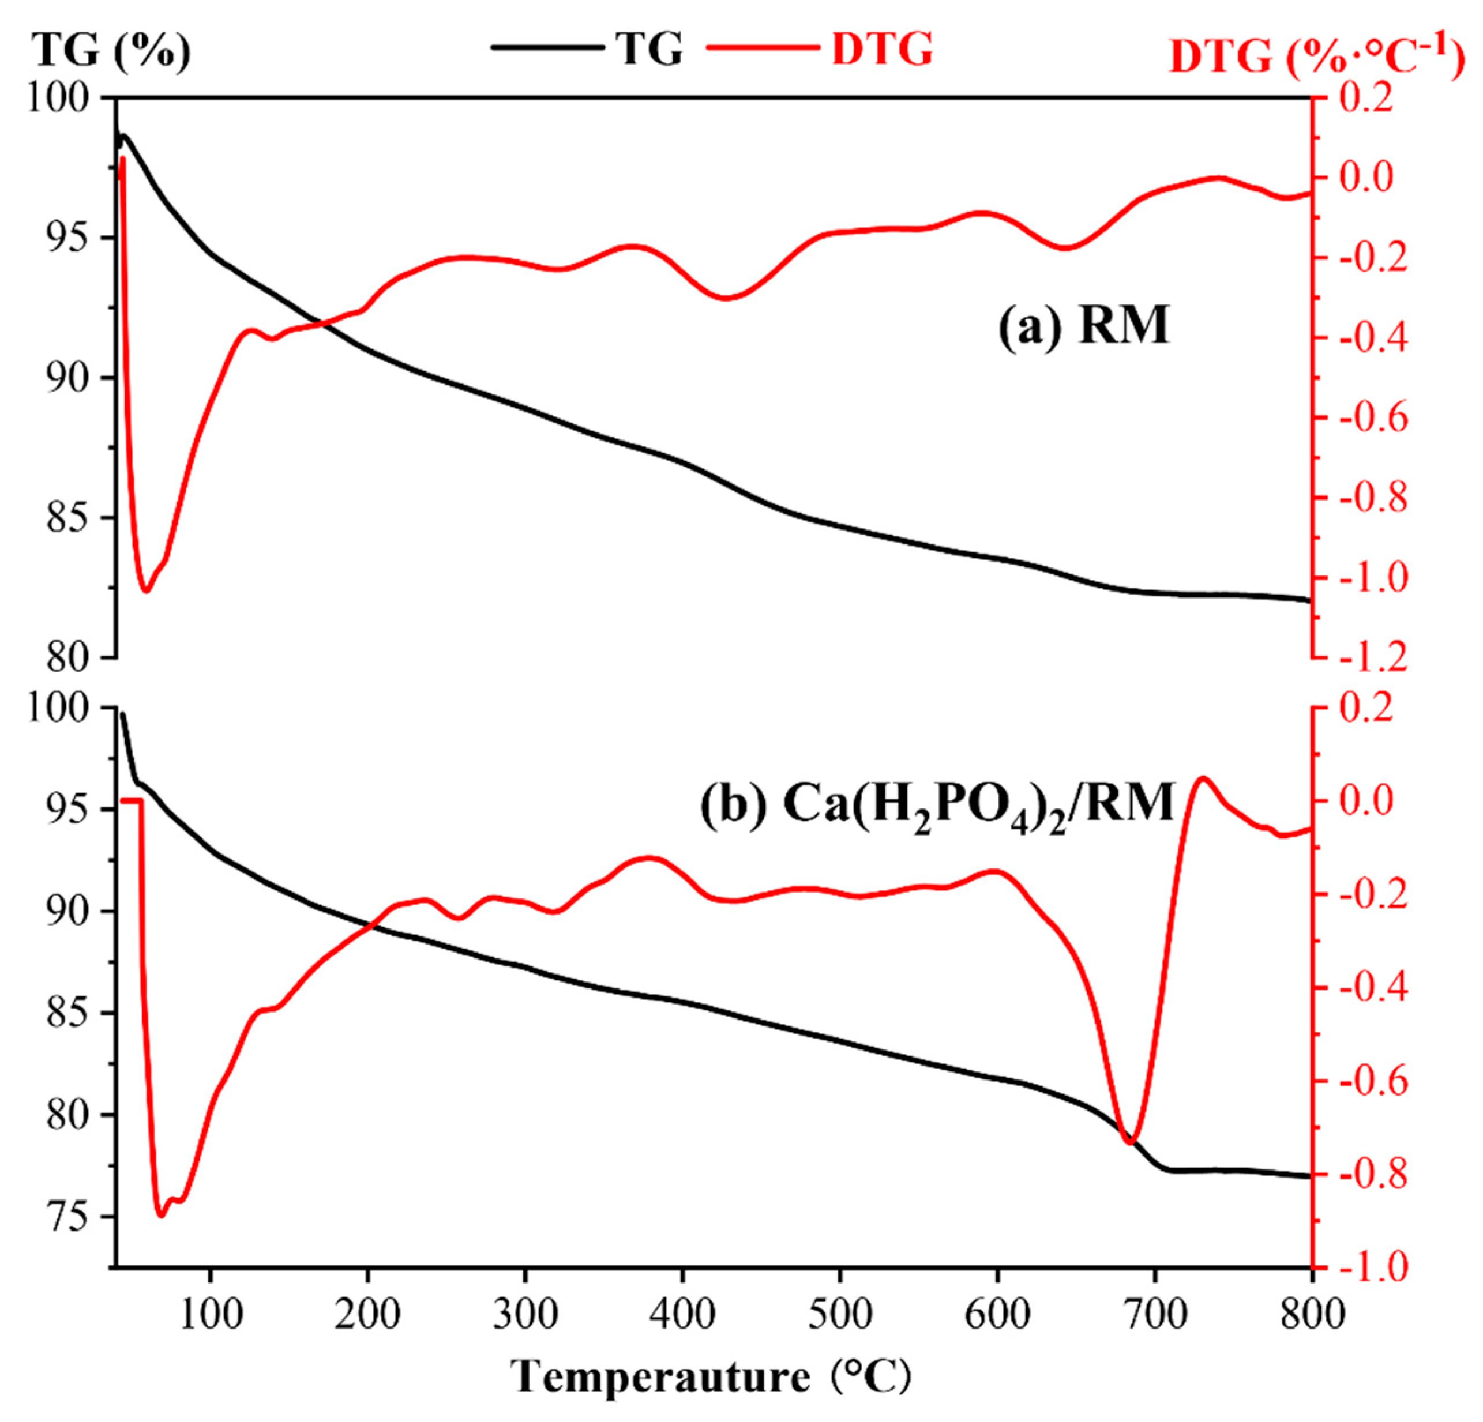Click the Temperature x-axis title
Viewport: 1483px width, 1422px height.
pos(712,1376)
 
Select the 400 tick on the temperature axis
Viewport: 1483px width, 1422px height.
pos(682,1315)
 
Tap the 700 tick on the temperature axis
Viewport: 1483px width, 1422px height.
pos(1155,1315)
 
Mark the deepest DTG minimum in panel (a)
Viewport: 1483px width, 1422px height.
pos(146,590)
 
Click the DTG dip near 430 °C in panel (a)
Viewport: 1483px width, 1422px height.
pos(726,297)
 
